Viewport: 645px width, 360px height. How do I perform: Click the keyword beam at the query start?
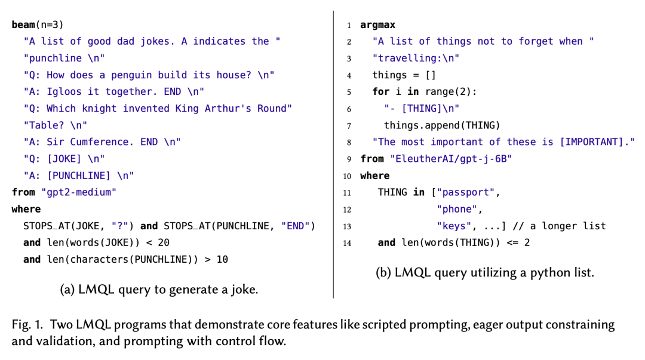[x=23, y=24]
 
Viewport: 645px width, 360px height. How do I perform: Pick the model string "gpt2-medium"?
[x=78, y=192]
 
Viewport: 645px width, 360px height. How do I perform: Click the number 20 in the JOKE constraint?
[x=164, y=242]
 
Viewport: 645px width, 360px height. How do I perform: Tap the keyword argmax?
[x=377, y=25]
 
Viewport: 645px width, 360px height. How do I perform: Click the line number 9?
[x=348, y=159]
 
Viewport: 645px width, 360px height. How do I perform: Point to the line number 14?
[x=347, y=243]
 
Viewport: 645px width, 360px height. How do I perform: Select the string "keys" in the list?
[x=453, y=226]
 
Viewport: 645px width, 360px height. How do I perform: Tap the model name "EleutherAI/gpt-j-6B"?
[x=451, y=159]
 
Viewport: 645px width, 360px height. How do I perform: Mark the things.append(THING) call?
[x=442, y=125]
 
